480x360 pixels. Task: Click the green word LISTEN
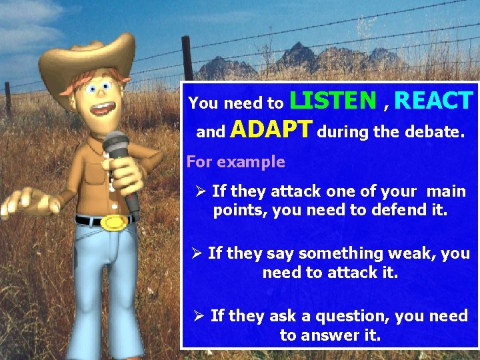click(333, 101)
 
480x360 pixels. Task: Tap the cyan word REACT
click(433, 101)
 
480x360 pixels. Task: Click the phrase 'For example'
click(235, 162)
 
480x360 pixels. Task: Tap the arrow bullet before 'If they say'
click(196, 253)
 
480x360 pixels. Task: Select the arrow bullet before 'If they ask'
click(199, 316)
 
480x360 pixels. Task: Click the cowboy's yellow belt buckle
click(115, 222)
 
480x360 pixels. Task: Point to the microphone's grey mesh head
click(115, 145)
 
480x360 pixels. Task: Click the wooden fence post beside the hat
click(187, 60)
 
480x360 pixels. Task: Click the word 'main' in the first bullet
click(446, 192)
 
